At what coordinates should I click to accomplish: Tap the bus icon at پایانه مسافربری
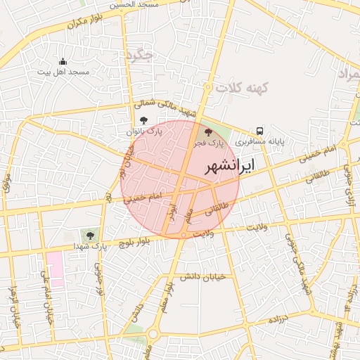click(260, 131)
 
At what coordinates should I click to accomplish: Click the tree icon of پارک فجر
click(207, 131)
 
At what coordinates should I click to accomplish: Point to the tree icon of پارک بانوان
click(144, 120)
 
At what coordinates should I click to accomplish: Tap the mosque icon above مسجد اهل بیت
click(63, 62)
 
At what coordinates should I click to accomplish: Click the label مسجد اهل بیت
click(63, 72)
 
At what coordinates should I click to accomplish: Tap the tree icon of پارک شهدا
click(89, 233)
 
